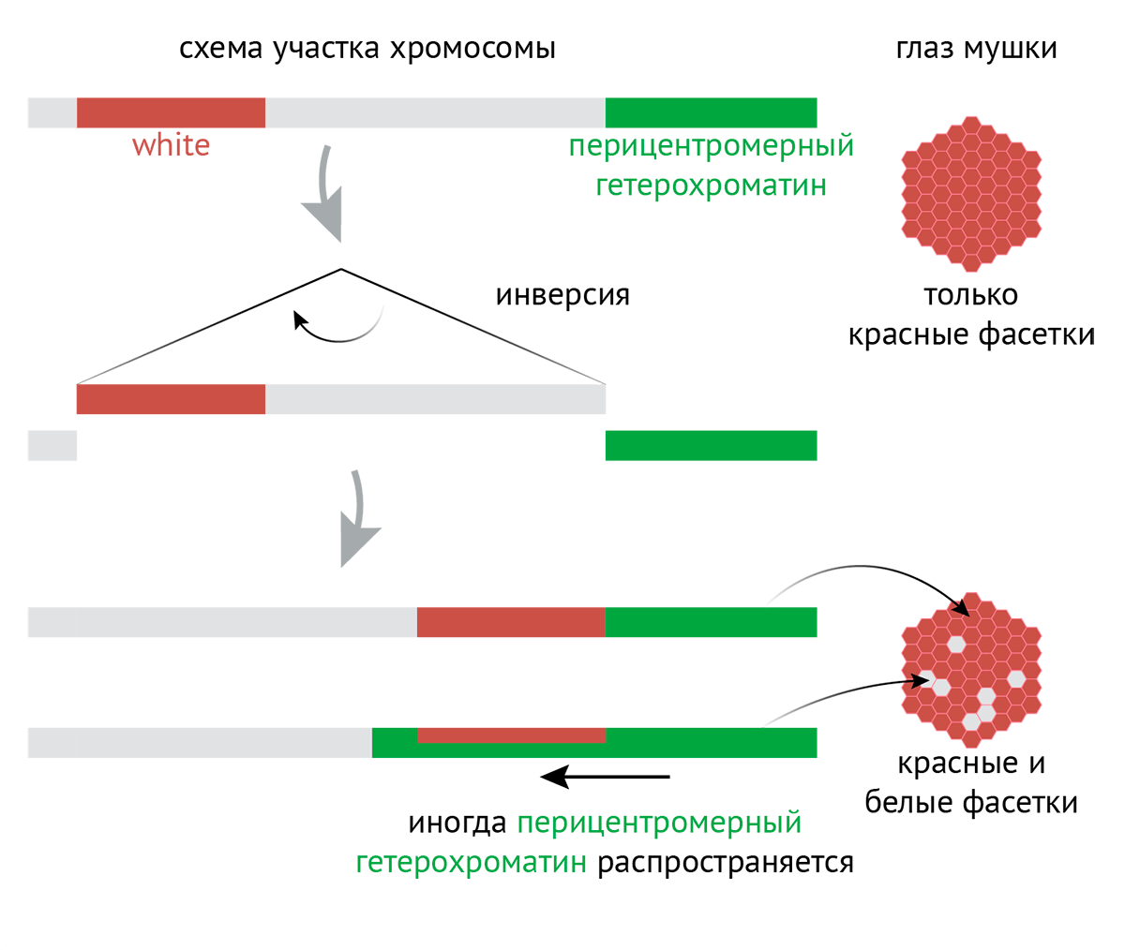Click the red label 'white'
171,145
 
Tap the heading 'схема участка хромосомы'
367,48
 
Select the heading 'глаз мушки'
976,48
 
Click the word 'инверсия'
562,295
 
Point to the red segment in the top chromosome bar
171,112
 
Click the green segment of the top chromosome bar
711,112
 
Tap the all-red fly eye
971,191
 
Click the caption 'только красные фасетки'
971,315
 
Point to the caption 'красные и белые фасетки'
971,782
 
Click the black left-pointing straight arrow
606,776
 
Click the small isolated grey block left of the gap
52,445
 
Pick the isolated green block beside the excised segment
711,445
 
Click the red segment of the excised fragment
171,399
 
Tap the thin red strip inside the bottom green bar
511,735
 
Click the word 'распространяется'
726,862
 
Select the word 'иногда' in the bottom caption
457,824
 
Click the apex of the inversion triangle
341,270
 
